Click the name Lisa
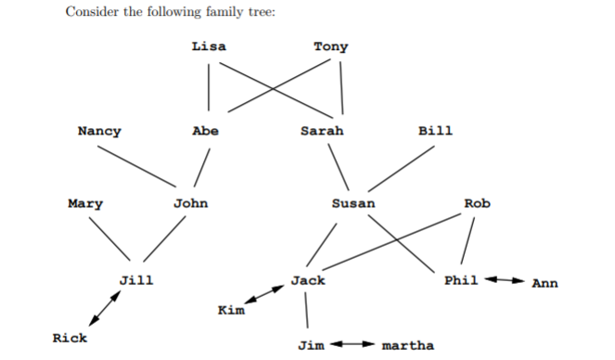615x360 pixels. click(209, 45)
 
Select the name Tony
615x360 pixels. click(331, 45)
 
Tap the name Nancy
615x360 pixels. click(99, 131)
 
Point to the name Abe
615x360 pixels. click(205, 131)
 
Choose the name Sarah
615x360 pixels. click(322, 131)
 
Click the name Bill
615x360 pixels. click(436, 131)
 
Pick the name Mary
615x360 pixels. click(85, 203)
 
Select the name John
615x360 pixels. click(191, 203)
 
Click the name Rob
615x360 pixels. click(477, 203)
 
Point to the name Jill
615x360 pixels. click(136, 279)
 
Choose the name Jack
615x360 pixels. click(308, 279)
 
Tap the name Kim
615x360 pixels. click(231, 309)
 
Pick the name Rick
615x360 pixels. click(70, 339)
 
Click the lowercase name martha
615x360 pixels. click(408, 346)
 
